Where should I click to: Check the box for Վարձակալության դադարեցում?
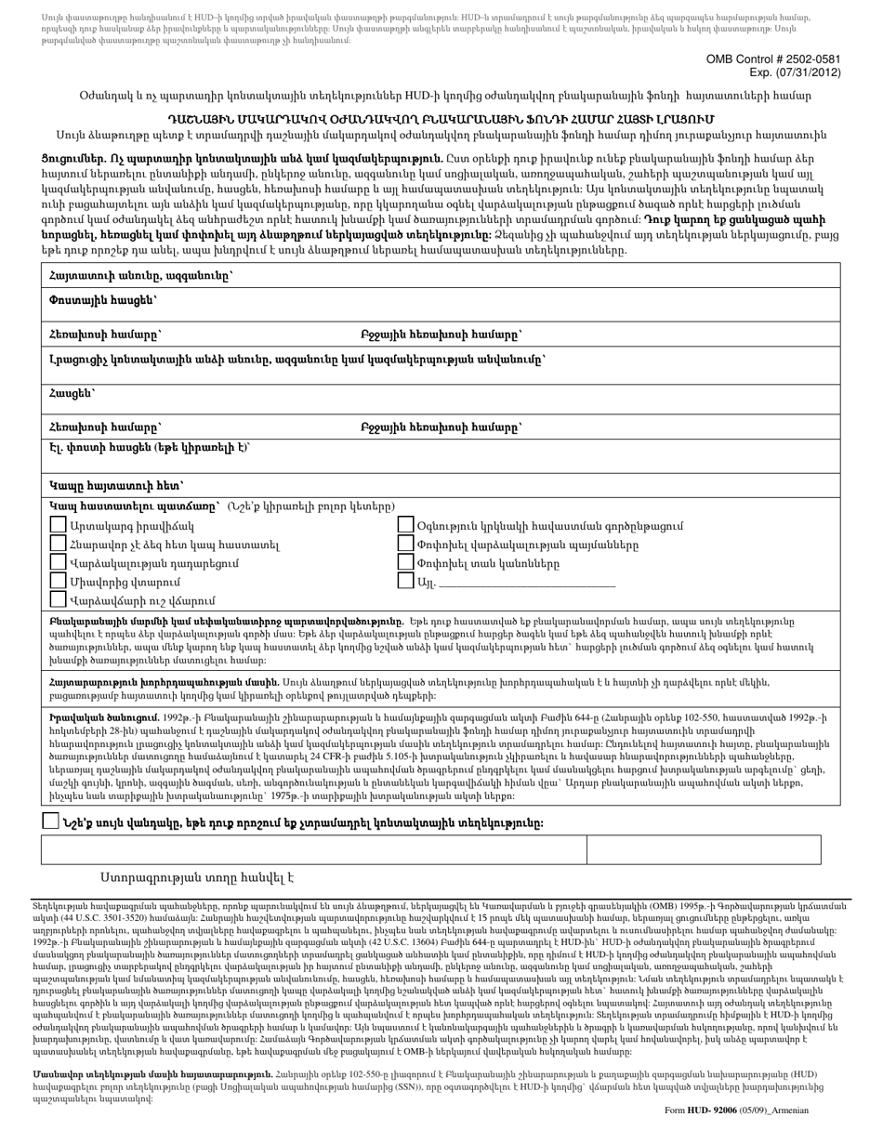point(59,563)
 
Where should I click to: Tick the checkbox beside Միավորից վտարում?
point(59,582)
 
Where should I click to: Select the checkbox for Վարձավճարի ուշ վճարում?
point(59,600)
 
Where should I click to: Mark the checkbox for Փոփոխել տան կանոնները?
point(405,563)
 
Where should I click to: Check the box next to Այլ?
point(405,582)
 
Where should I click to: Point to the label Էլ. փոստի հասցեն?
point(149,448)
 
